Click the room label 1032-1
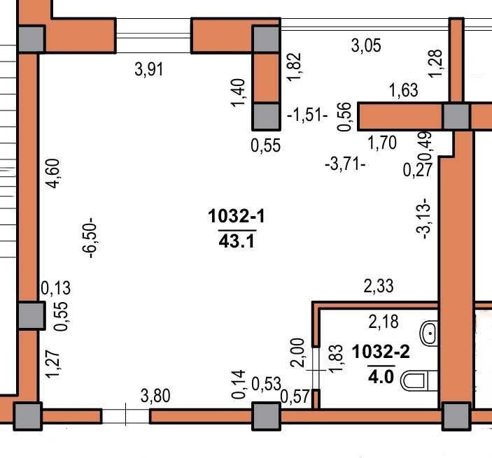(x=237, y=216)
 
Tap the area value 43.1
(x=237, y=242)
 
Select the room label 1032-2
(x=381, y=352)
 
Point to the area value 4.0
(x=381, y=376)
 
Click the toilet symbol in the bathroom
(x=419, y=381)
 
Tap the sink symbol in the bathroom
(x=429, y=333)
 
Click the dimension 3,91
(x=149, y=69)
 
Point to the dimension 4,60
(x=52, y=173)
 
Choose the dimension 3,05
(x=366, y=45)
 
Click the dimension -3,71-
(x=345, y=164)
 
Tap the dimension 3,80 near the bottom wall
(x=155, y=396)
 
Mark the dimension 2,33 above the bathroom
(x=379, y=286)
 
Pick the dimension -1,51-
(x=307, y=115)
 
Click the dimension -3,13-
(x=423, y=218)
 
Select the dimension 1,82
(x=295, y=67)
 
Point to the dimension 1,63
(x=404, y=90)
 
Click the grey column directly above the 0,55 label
(x=266, y=117)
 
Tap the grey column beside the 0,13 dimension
(x=31, y=315)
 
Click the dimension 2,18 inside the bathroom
(x=384, y=322)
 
